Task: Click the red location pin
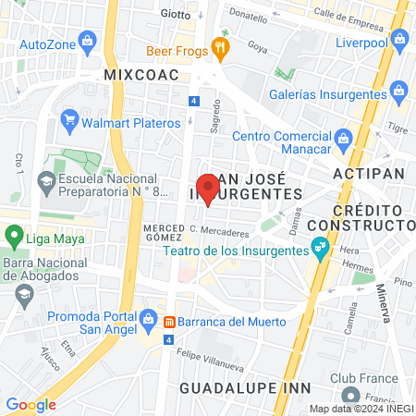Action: [209, 188]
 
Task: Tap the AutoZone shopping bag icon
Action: [88, 41]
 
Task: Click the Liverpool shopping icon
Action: [399, 39]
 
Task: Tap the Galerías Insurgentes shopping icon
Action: [398, 91]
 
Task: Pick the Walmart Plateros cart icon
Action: [68, 120]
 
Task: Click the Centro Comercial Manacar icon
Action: [343, 139]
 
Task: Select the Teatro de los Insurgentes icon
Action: [320, 248]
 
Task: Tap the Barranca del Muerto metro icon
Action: [170, 322]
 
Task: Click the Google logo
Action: [31, 404]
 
